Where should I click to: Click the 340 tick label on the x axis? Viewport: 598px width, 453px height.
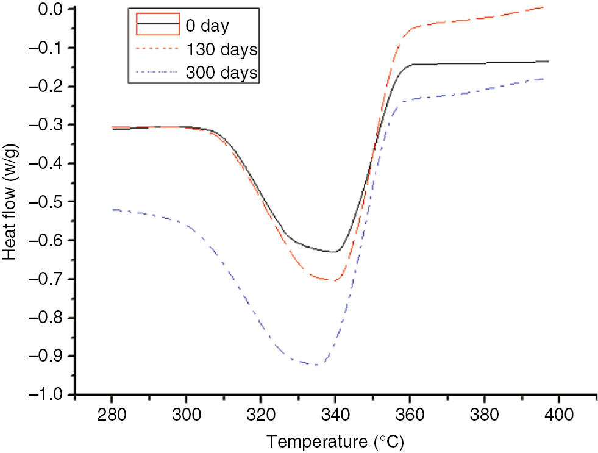click(335, 413)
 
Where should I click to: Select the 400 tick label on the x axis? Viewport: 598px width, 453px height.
click(558, 413)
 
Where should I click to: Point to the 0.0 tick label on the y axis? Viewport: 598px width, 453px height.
click(52, 9)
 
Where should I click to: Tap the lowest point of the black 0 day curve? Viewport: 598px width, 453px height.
click(334, 252)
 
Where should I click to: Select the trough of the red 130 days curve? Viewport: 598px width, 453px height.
click(332, 280)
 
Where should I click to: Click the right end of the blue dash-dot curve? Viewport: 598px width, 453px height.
click(544, 78)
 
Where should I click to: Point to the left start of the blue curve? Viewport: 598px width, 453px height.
click(112, 209)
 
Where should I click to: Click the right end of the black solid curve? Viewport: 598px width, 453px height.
click(548, 61)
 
